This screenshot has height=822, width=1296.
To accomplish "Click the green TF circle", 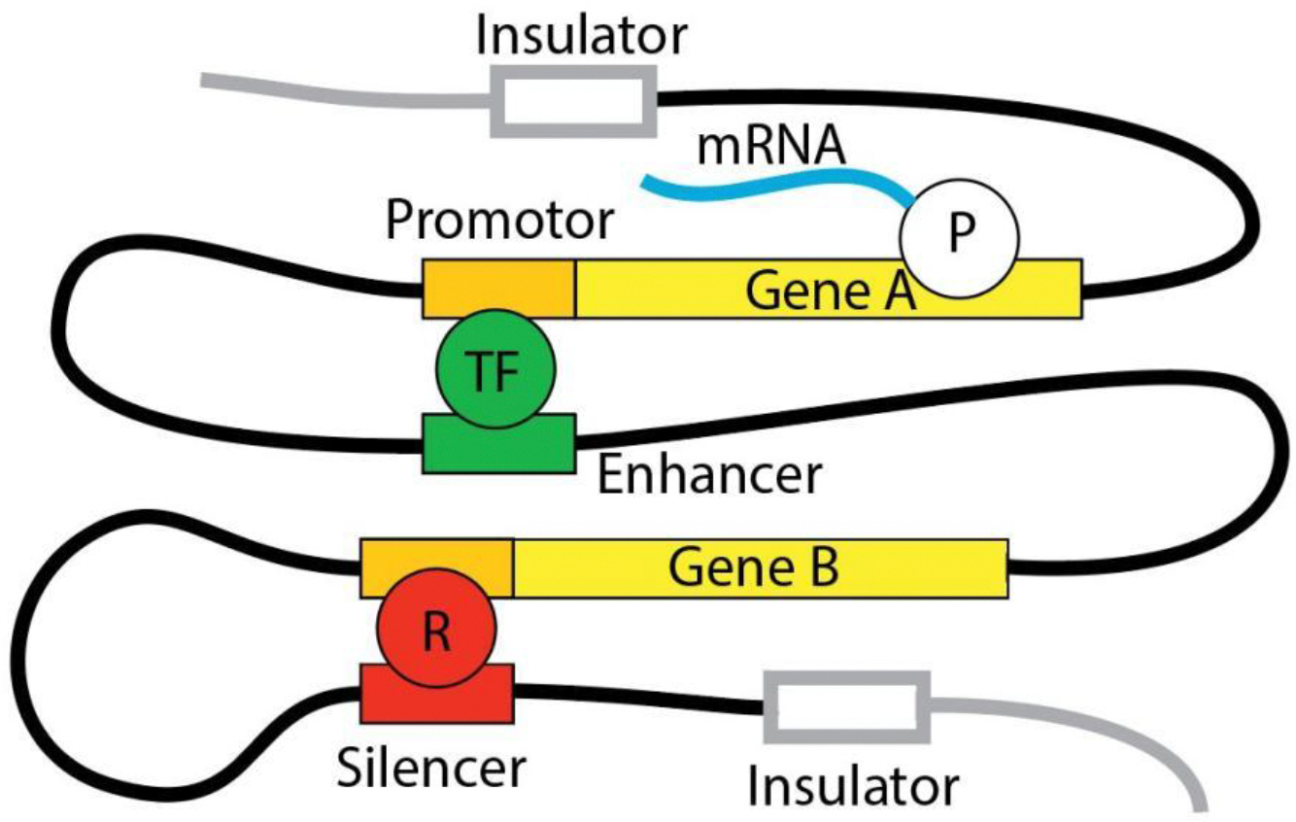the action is pos(495,369).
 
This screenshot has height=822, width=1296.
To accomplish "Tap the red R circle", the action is pos(437,628).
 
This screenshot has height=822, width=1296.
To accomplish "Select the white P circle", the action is pos(959,238).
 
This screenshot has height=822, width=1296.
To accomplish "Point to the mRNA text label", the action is pos(771,147).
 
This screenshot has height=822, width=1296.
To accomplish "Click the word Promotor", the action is pos(499,221).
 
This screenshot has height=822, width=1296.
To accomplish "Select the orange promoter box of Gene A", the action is pos(498,289).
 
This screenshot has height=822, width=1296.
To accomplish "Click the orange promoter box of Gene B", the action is pos(437,568).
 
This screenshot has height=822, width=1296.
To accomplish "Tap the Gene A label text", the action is pos(831,291).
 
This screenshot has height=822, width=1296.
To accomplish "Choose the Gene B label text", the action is pos(754,567).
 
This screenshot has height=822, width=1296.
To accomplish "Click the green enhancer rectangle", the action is pos(498,444).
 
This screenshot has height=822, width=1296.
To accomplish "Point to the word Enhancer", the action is pos(709,475).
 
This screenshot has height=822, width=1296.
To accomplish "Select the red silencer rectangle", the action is pos(437,694).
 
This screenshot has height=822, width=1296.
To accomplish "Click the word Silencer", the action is pos(431,768).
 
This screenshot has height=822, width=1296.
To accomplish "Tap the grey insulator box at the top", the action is pos(573,101).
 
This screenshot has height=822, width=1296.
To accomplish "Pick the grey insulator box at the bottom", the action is pos(847,707).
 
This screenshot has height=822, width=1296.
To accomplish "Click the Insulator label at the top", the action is pos(582,36).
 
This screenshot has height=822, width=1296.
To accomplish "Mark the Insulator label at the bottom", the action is pos(853,786).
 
